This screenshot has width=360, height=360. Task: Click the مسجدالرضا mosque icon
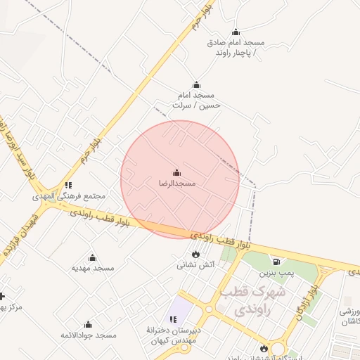pyautogui.click(x=176, y=173)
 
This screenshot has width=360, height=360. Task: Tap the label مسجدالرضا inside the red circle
pyautogui.click(x=176, y=184)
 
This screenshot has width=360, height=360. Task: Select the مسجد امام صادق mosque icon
pyautogui.click(x=236, y=32)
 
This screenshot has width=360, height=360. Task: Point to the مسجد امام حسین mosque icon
pyautogui.click(x=196, y=85)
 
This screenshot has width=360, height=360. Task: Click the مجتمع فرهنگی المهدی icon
pyautogui.click(x=68, y=186)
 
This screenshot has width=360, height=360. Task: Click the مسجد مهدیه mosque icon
pyautogui.click(x=92, y=258)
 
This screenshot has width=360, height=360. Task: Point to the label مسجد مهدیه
pyautogui.click(x=93, y=268)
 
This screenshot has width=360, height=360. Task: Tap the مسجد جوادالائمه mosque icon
pyautogui.click(x=88, y=325)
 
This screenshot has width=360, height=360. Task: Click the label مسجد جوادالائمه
pyautogui.click(x=88, y=335)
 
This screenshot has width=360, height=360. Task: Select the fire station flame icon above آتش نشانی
pyautogui.click(x=195, y=255)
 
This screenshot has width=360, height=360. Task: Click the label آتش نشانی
pyautogui.click(x=195, y=265)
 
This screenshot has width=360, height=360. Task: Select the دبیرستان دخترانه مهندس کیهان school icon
pyautogui.click(x=173, y=320)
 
